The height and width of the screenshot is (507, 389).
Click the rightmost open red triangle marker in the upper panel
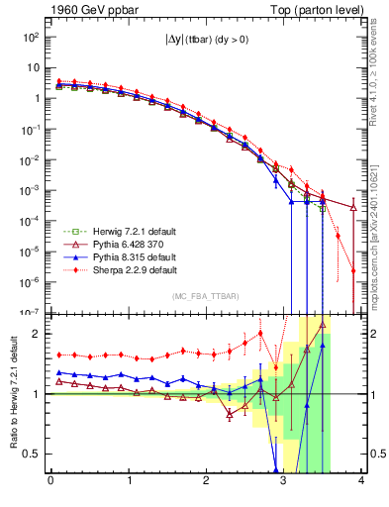pyautogui.click(x=354, y=207)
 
